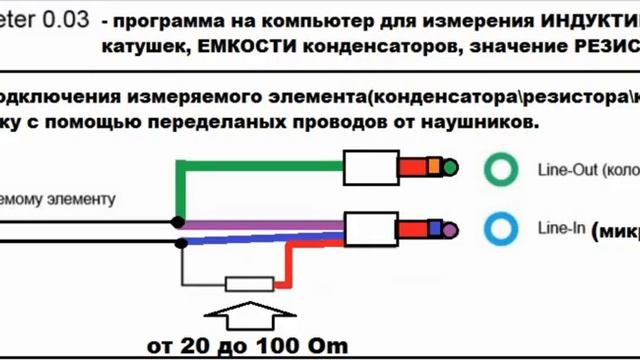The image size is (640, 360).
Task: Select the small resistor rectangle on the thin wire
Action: click(248, 284)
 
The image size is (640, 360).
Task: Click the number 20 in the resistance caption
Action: click(196, 347)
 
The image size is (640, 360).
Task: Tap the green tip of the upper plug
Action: click(450, 167)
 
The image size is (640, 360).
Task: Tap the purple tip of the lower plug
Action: click(450, 231)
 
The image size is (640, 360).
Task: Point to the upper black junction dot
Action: click(177, 220)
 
